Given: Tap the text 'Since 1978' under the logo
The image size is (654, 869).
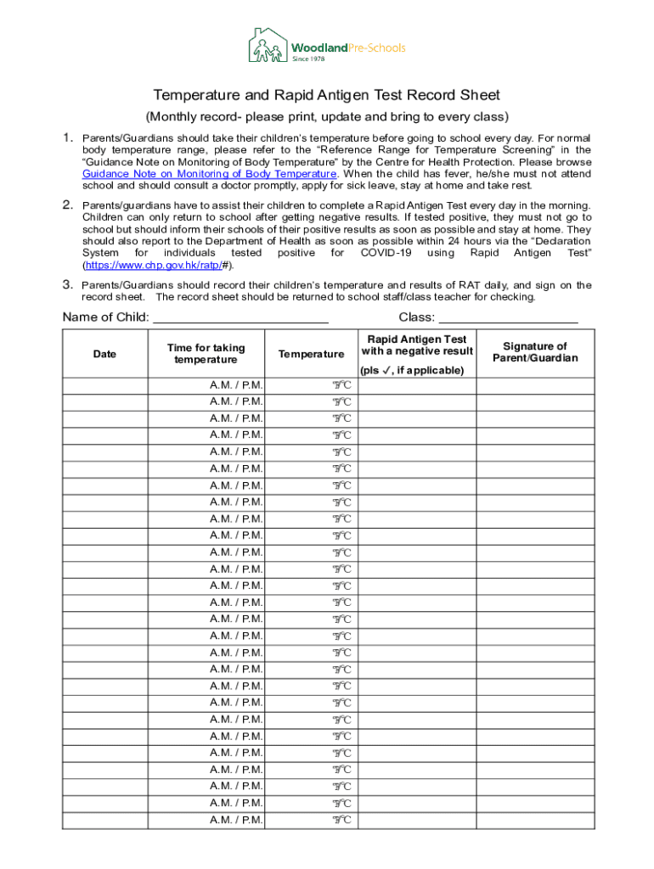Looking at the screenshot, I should point(310,59).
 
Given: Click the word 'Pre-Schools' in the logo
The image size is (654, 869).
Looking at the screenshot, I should point(378,48).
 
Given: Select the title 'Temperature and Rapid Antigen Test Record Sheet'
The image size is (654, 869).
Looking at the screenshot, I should point(326,95).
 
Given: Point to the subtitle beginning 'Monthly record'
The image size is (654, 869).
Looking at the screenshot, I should point(326,116).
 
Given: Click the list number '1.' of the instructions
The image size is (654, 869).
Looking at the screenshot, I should point(67,137).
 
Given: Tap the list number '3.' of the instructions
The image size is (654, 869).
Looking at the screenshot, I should point(67,285).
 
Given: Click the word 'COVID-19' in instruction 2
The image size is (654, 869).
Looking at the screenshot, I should point(386,253).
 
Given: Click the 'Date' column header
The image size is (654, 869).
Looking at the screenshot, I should point(104,354).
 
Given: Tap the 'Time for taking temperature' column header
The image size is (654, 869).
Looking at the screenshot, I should point(206,354).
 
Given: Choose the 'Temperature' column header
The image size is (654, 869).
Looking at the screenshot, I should point(311,354).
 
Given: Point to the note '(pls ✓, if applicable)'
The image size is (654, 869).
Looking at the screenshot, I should point(412,370).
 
